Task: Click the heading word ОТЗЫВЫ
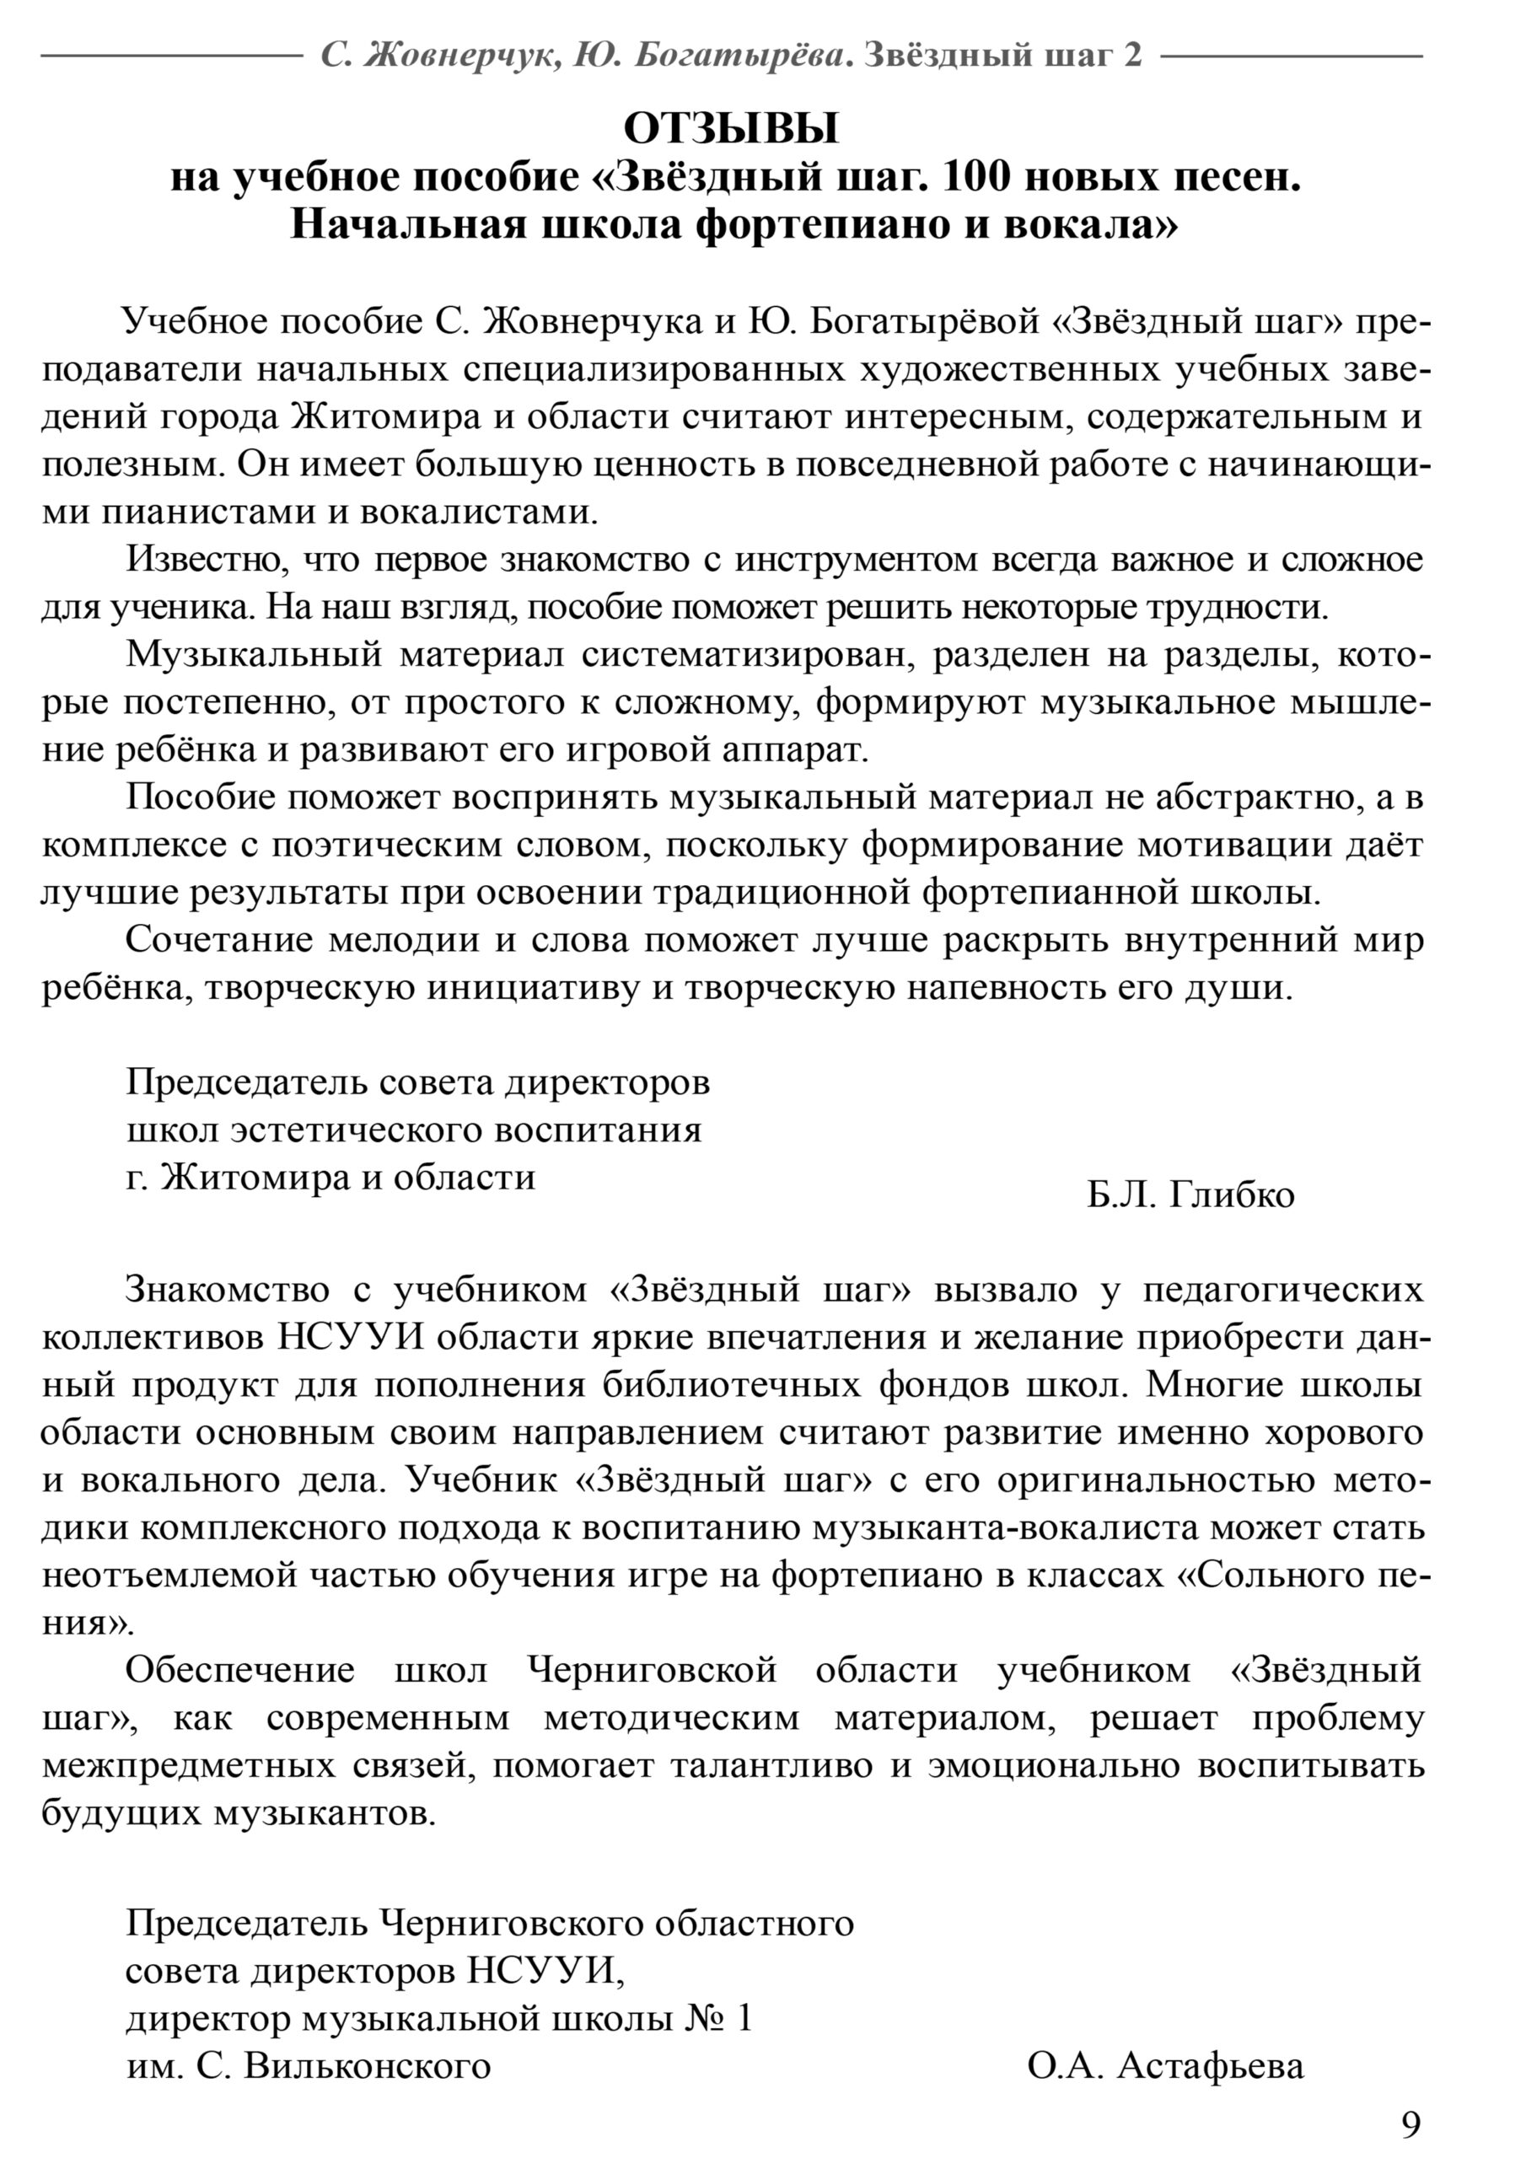pos(731,129)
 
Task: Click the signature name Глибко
pos(1232,1195)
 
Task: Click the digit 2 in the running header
pos(1133,56)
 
